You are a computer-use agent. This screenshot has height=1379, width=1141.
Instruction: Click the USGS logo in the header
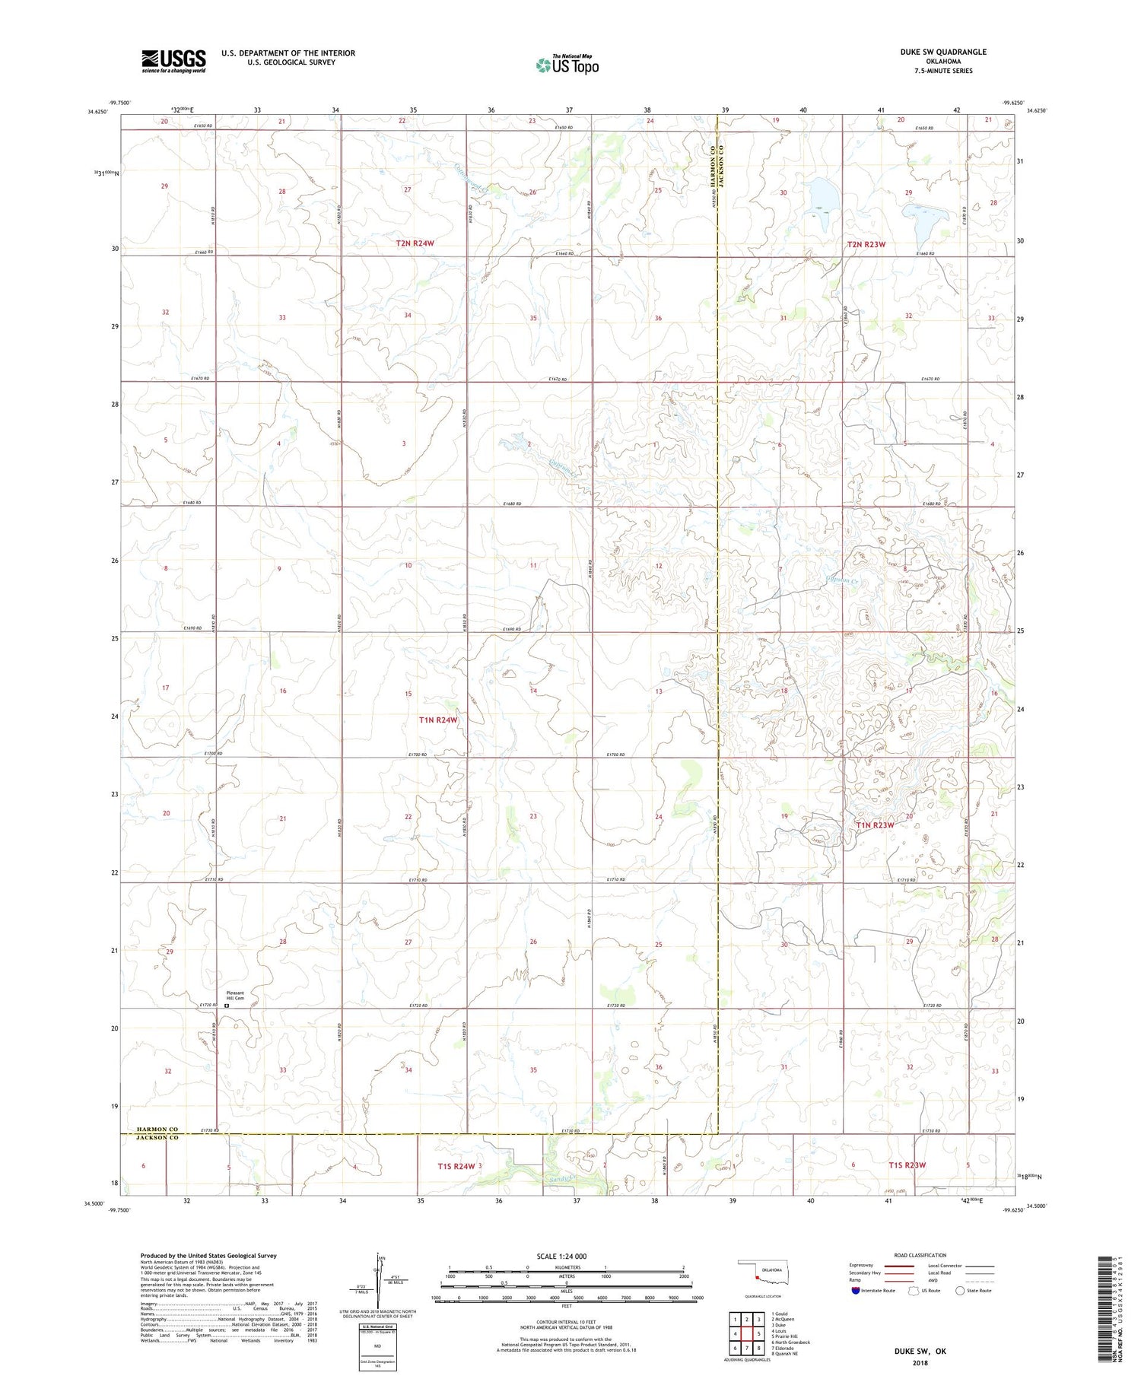pos(173,61)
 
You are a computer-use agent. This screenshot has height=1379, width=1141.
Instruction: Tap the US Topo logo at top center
pos(567,65)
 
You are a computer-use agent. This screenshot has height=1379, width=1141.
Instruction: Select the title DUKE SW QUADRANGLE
pos(941,52)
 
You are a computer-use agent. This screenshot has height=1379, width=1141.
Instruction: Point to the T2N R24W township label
pos(419,243)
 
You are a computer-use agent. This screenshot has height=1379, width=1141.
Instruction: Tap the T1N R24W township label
pos(439,720)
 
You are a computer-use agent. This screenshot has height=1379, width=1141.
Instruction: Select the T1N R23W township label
pos(875,825)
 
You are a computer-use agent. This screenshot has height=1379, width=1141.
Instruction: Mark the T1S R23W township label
pos(907,1165)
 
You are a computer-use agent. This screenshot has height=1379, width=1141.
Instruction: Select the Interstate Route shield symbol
pos(856,1291)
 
